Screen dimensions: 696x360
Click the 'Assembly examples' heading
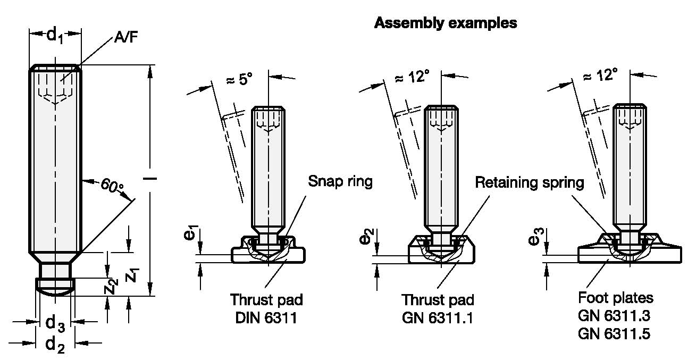tap(446, 23)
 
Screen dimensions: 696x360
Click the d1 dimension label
tap(55, 35)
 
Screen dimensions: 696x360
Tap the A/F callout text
tap(126, 38)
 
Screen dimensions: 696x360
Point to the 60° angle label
tap(112, 186)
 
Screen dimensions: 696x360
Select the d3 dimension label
tap(55, 323)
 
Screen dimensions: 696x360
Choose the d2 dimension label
tap(55, 345)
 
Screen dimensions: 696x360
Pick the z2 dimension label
tap(112, 287)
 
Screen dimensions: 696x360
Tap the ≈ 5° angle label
tap(239, 79)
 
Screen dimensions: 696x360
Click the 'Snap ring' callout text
tap(340, 181)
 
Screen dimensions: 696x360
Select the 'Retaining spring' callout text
tap(530, 182)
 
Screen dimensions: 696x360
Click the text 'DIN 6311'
tap(266, 318)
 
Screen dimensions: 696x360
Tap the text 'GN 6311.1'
tap(438, 318)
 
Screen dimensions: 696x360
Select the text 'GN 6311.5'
tap(614, 334)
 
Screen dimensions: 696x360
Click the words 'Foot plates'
tap(616, 298)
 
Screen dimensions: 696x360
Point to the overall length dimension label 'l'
tap(150, 179)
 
